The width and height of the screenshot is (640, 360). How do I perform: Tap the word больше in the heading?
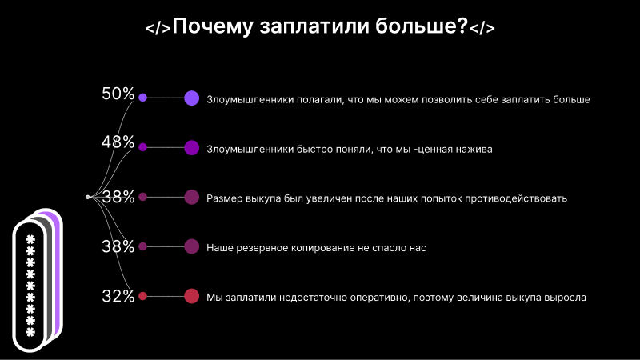[x=422, y=26]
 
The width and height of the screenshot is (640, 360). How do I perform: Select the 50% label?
[x=118, y=94]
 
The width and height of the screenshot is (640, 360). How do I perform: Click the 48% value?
[x=118, y=142]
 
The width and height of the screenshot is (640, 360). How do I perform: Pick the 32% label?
[x=118, y=296]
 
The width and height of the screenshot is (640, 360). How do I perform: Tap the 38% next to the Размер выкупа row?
[x=118, y=198]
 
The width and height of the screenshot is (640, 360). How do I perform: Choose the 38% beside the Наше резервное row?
[x=118, y=246]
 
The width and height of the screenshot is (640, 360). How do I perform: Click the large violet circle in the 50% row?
[x=191, y=98]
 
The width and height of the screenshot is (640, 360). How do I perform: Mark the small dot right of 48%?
[x=142, y=147]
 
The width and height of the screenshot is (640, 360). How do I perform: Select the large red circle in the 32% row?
[x=191, y=296]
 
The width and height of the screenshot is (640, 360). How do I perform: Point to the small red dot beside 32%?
[x=142, y=296]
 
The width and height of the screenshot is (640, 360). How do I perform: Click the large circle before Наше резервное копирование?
[x=191, y=246]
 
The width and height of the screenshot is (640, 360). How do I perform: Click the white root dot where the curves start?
[x=88, y=196]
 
